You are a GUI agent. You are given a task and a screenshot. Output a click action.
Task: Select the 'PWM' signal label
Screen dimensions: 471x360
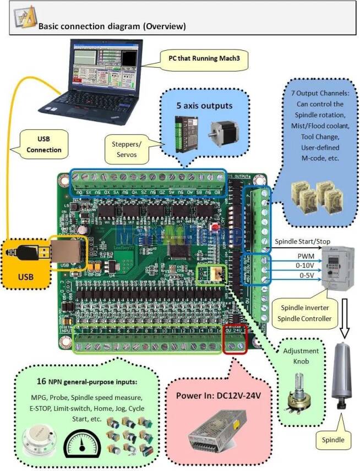pyautogui.click(x=306, y=256)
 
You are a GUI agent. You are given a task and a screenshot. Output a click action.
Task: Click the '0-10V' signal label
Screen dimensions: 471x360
pyautogui.click(x=306, y=266)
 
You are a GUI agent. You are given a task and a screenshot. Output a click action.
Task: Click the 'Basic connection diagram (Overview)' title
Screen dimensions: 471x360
pyautogui.click(x=111, y=26)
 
